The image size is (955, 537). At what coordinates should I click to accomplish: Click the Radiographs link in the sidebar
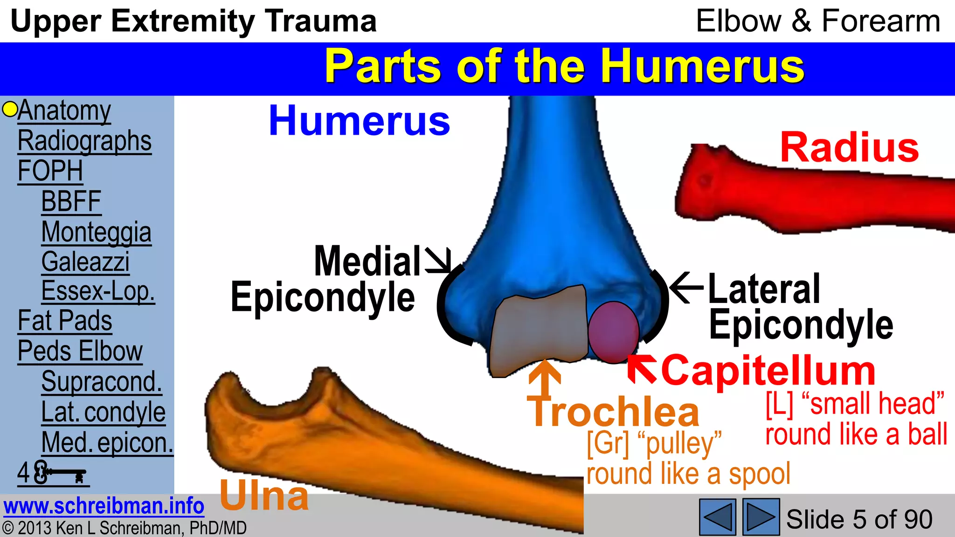pos(84,141)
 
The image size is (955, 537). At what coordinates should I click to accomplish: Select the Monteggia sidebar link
pos(96,232)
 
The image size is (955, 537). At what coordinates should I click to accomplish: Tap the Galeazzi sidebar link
pos(85,262)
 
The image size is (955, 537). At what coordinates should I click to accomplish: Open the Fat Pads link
pos(65,321)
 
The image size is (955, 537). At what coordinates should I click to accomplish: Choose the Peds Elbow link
pos(80,351)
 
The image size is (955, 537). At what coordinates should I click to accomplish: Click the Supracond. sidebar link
pos(102,381)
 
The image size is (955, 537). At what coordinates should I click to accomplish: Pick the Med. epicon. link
pos(107,442)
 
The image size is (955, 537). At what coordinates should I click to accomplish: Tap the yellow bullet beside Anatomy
pos(9,109)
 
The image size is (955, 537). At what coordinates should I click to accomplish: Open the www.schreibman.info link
pos(104,506)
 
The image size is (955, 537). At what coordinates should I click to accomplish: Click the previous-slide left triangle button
pos(717,516)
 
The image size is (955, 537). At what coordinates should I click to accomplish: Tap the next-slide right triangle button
pos(761,516)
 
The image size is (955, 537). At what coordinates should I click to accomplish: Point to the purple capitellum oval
pos(613,332)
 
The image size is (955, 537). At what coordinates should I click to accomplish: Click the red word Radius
pos(849,148)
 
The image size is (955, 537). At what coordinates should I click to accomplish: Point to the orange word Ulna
pos(264,495)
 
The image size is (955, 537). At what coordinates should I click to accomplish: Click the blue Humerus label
pos(359,121)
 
